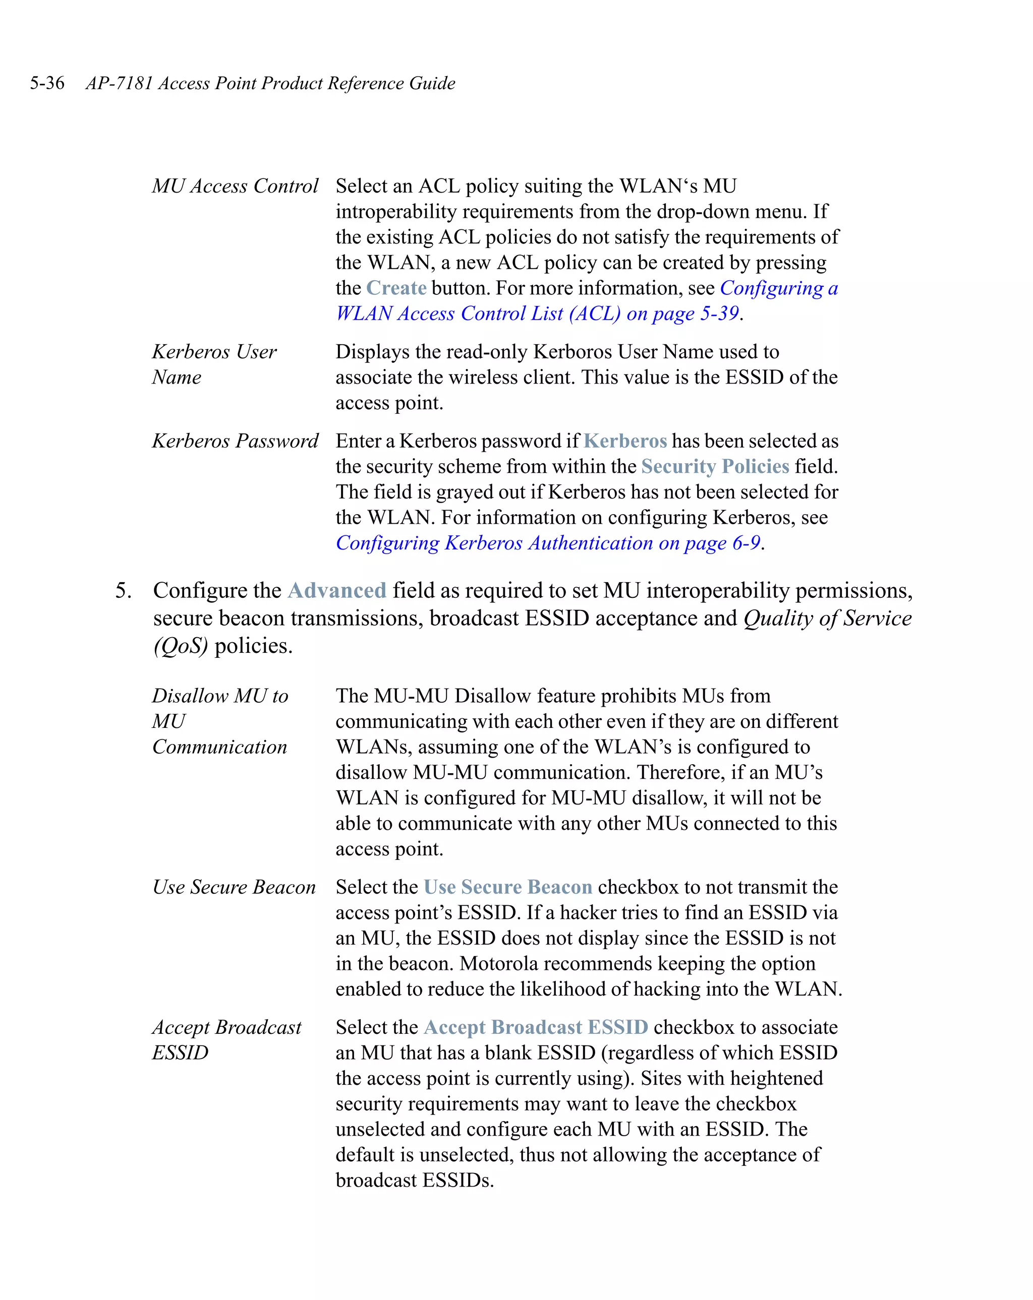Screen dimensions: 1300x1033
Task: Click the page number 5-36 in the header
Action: [x=47, y=83]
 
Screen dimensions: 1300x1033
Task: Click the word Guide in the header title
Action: [x=432, y=83]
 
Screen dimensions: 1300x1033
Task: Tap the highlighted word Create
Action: [x=396, y=288]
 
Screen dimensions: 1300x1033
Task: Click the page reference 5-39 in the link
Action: [x=719, y=314]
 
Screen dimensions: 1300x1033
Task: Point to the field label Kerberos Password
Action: [x=235, y=441]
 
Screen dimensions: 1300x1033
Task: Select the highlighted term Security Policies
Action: [x=715, y=466]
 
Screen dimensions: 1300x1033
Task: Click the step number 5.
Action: [x=123, y=590]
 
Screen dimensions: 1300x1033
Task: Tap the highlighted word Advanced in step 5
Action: [x=337, y=590]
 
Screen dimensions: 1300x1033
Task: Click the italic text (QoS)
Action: [x=181, y=646]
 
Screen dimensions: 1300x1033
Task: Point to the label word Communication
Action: [x=219, y=747]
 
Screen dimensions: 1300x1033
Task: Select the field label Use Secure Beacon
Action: [x=234, y=887]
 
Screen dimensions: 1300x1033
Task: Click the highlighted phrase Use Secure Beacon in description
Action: [x=507, y=887]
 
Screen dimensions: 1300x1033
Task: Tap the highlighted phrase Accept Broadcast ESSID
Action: [x=536, y=1027]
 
